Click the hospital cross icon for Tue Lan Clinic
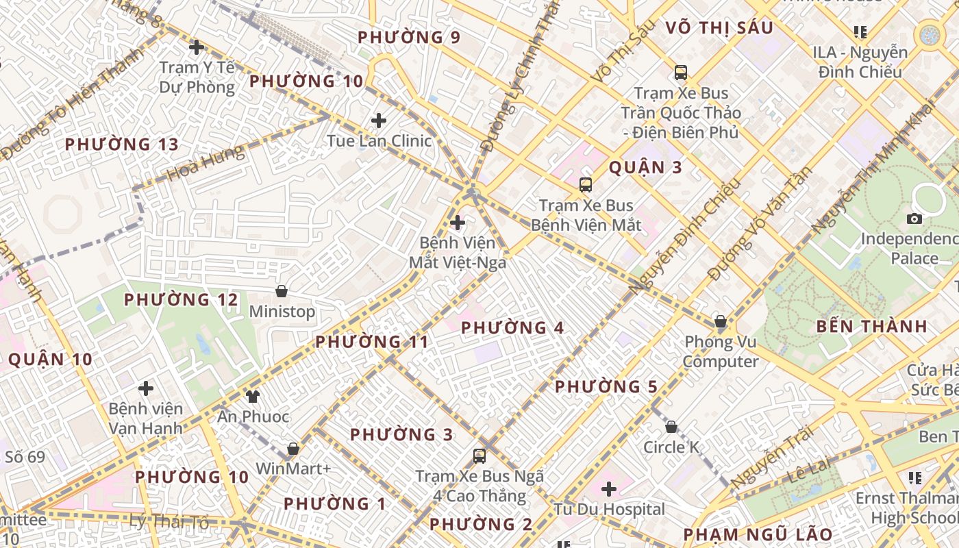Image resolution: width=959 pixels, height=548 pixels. [379, 121]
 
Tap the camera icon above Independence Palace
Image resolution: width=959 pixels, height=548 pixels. [914, 219]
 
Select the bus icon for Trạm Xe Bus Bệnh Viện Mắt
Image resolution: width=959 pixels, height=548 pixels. [585, 184]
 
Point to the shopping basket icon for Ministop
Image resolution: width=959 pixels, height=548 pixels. [281, 292]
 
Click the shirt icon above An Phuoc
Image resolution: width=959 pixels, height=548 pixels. [252, 396]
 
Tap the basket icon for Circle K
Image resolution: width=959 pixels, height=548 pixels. [671, 427]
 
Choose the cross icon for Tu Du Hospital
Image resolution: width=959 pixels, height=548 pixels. [608, 489]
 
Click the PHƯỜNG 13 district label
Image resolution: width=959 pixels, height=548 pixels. [121, 145]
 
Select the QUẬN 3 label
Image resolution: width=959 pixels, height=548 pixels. [645, 168]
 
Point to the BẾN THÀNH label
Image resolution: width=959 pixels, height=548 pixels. [871, 327]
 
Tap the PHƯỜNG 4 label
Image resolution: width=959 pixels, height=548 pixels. [512, 328]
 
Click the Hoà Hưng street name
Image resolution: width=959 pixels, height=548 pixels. [206, 162]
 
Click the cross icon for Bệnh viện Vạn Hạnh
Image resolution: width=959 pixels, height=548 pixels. [146, 388]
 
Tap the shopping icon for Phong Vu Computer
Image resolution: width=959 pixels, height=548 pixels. [720, 321]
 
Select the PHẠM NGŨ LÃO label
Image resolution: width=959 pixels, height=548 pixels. [758, 534]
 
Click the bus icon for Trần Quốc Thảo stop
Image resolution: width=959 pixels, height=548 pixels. [680, 72]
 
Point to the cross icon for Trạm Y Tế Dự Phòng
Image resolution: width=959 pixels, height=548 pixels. [197, 47]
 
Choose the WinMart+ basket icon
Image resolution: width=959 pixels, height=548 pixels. [293, 449]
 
